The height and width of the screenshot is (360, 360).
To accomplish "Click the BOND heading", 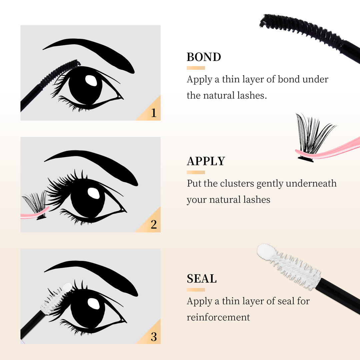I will click(204, 57).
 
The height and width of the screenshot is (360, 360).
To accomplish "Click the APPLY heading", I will click(206, 161).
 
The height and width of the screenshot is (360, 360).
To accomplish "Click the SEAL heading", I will click(201, 278).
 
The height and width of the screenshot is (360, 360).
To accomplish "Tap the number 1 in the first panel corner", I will click(153, 113).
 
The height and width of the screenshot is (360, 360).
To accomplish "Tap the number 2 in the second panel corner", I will click(153, 224).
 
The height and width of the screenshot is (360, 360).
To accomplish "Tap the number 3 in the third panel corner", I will click(153, 336).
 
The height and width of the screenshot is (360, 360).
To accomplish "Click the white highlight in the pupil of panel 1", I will click(91, 80).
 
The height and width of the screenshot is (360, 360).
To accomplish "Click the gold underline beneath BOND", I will click(196, 68).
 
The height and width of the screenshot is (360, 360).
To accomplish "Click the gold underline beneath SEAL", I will click(196, 289).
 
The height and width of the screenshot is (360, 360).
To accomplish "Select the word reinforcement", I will click(218, 317).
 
